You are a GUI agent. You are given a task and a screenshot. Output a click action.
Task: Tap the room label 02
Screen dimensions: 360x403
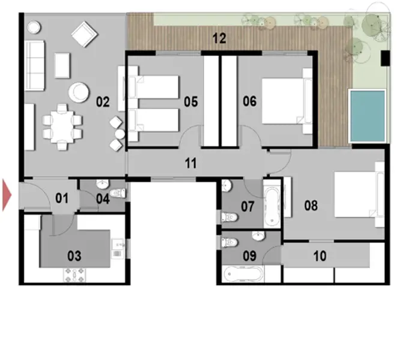point(102,101)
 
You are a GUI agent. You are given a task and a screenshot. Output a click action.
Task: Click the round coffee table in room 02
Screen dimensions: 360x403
point(78,92)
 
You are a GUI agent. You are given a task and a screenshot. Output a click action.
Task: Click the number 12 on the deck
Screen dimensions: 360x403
point(219,40)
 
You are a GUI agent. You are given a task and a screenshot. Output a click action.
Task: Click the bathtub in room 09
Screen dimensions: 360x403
point(243,275)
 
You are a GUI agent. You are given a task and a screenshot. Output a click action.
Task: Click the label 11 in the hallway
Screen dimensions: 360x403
point(190,163)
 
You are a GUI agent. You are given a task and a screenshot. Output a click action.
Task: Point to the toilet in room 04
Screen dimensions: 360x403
point(119,194)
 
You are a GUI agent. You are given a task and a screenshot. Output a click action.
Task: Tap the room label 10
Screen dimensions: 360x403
point(320,256)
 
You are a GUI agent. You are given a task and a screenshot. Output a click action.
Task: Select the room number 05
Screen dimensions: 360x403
point(190,101)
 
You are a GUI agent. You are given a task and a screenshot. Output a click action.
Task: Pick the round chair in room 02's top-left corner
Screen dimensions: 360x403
point(34,27)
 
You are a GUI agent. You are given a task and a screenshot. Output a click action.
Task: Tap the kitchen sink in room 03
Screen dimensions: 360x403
point(118,245)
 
